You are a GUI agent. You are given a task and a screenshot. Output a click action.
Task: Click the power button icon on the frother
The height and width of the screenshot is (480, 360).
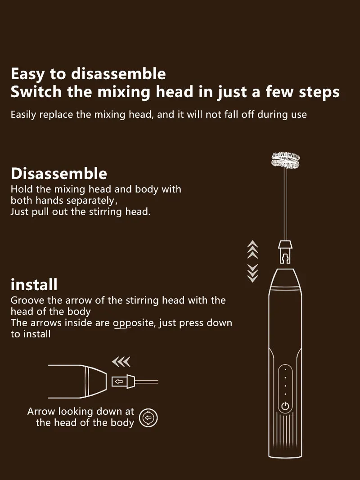(x=285, y=406)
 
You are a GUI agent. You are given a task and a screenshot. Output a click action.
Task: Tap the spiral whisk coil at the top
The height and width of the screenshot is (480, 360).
(x=285, y=160)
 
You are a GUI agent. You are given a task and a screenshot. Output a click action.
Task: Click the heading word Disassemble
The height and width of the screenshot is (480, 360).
(x=59, y=174)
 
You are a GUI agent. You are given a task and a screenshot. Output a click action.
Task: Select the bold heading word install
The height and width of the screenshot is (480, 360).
(x=34, y=284)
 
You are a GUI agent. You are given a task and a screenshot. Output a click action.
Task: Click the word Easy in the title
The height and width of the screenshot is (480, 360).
(x=27, y=74)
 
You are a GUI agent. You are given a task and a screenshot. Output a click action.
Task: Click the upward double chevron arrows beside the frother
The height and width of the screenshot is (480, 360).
(x=252, y=249)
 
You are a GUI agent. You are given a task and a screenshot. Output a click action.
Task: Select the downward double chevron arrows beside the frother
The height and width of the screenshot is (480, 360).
(x=252, y=273)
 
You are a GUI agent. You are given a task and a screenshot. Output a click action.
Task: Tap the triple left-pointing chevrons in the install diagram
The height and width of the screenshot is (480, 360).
(x=121, y=362)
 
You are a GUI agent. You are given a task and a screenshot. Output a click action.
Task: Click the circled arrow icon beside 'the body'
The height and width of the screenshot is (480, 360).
(x=148, y=418)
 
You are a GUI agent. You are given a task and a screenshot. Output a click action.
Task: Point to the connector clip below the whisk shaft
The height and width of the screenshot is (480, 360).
(x=285, y=252)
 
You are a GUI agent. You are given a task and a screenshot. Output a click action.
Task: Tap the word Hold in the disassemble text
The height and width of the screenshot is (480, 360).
(x=22, y=189)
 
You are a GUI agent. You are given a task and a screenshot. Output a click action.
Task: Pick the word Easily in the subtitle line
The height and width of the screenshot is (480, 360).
(x=23, y=115)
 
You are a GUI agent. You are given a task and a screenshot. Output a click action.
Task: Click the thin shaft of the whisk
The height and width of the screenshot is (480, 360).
(x=285, y=205)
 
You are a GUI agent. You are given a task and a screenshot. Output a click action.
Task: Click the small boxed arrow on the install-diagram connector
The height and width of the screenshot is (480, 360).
(x=119, y=382)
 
